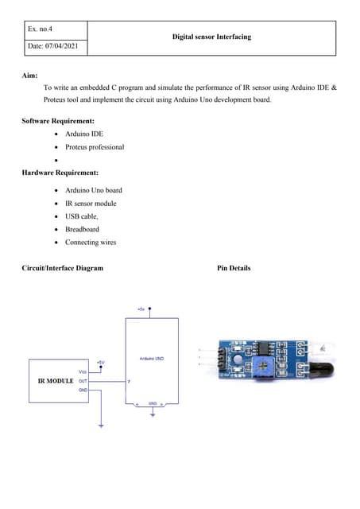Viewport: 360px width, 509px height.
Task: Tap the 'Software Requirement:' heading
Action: [58, 120]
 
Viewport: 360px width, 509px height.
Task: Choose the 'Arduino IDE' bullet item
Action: [84, 134]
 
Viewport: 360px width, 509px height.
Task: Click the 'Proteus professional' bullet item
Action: [95, 147]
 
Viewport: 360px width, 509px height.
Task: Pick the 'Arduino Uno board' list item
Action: [94, 190]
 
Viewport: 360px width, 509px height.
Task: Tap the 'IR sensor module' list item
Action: [91, 204]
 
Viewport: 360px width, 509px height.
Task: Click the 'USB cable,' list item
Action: [82, 216]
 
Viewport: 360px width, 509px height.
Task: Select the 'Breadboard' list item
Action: [82, 229]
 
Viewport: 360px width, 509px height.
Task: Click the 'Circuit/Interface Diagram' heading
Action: [63, 268]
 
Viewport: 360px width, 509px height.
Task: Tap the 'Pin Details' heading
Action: [234, 268]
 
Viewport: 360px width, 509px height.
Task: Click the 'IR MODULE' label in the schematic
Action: [56, 382]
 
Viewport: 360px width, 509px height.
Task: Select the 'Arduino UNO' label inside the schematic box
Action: [152, 359]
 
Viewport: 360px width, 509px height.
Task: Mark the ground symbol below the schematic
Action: [101, 426]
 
